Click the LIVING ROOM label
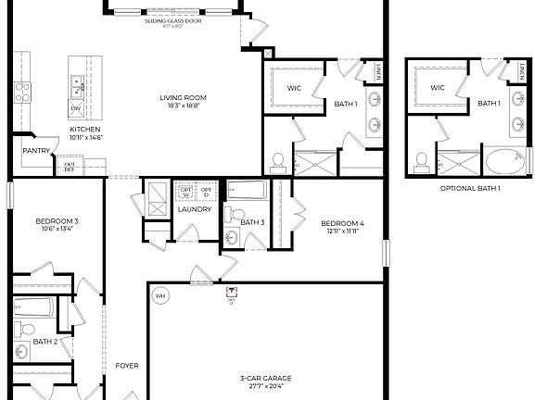[x=183, y=97]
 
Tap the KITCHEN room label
[x=85, y=130]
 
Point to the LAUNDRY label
[x=196, y=209]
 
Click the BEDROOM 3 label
[x=57, y=221]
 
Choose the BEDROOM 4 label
[x=342, y=223]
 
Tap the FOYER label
[x=127, y=366]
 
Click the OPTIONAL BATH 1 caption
[x=470, y=188]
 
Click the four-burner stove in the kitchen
[x=22, y=93]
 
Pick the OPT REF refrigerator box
[x=70, y=167]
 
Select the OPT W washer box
[x=185, y=191]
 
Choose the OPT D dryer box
[x=206, y=191]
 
